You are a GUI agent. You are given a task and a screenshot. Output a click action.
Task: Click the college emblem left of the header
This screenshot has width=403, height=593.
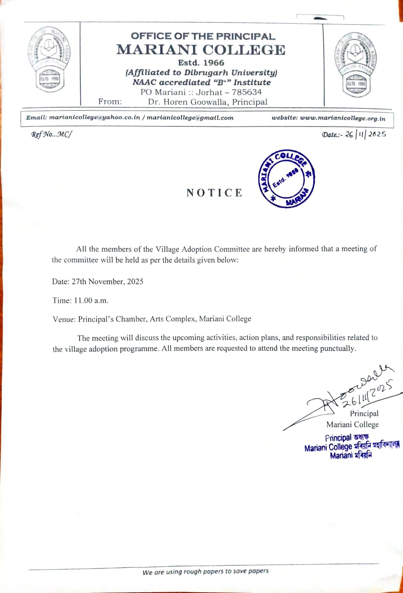pyautogui.click(x=49, y=60)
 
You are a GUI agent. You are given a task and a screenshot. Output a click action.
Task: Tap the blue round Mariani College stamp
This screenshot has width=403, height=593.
pyautogui.click(x=286, y=179)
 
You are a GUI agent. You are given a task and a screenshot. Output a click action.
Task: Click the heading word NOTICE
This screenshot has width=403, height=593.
pyautogui.click(x=214, y=193)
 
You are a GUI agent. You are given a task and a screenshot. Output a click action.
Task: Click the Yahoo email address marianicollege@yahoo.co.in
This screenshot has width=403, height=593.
pyautogui.click(x=94, y=117)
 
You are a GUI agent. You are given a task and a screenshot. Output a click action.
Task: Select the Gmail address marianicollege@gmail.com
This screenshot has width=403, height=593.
pyautogui.click(x=190, y=118)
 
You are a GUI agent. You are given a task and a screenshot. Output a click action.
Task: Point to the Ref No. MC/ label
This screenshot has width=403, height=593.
pyautogui.click(x=51, y=135)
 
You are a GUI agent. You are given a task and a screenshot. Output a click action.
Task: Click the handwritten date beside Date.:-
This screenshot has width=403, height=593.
pyautogui.click(x=365, y=134)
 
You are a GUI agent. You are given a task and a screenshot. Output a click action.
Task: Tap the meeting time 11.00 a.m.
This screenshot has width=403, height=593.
pyautogui.click(x=91, y=301)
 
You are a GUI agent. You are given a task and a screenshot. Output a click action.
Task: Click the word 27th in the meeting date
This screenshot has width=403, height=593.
pyautogui.click(x=79, y=282)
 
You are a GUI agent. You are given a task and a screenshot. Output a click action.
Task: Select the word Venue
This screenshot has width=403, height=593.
pyautogui.click(x=64, y=319)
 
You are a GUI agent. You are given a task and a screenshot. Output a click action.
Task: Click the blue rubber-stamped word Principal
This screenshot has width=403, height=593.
pyautogui.click(x=338, y=438)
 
